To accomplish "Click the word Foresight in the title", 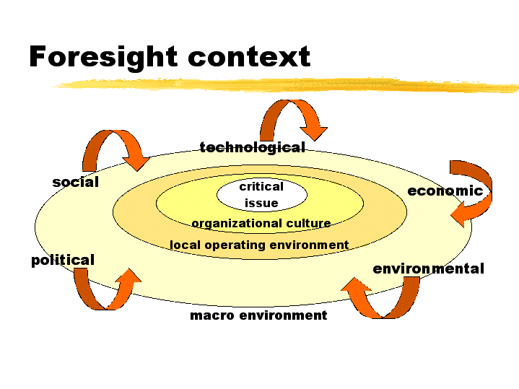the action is pos(103,58).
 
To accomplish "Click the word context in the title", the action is pos(249,57).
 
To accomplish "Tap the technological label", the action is pos(252,148).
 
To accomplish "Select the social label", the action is pos(76,182).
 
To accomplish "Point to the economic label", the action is pos(445,191).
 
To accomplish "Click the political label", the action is pos(63,261).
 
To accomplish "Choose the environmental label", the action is pos(428,268).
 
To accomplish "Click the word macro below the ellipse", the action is pos(212,315).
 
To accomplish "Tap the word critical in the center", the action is pos(261,186).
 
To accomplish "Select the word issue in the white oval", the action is pos(261,203).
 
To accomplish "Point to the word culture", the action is pos(308,223).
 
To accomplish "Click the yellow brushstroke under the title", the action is pos(287,85).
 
